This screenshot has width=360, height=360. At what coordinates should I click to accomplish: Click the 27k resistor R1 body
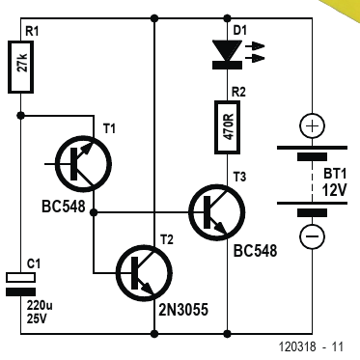pos(20,67)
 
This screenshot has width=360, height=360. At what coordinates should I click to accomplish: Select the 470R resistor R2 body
pos(228,127)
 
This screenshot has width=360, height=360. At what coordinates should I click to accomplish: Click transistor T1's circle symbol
pos(84,164)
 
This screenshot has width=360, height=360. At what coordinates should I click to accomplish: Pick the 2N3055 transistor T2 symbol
pos(144,273)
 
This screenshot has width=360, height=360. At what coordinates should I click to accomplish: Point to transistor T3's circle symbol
pos(217,212)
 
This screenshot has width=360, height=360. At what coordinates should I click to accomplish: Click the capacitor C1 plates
pos(20,285)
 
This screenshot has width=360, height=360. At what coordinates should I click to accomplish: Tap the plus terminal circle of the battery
pos(312,125)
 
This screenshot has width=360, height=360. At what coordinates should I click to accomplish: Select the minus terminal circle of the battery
pos(312,237)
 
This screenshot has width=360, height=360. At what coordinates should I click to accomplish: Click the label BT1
pos(335,174)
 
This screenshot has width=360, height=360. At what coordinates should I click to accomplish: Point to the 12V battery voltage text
pos(334,190)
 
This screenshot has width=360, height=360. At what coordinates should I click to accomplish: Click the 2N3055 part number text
pos(183,310)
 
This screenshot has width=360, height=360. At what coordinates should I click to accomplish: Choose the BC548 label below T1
pos(64,207)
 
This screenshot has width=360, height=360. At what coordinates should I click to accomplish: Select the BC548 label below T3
pos(255,251)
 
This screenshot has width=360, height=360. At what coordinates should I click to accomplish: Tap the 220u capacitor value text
pos(40,305)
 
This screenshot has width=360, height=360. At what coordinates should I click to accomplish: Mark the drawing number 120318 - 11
pos(311,346)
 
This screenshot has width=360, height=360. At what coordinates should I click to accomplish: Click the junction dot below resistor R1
pos(20,115)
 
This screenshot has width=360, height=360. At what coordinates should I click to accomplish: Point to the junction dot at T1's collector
pos(94,212)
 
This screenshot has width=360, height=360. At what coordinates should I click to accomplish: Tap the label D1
pos(239,31)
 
